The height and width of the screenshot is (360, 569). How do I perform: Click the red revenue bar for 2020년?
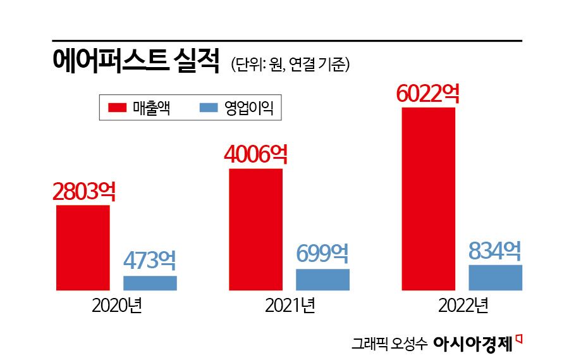click(83, 247)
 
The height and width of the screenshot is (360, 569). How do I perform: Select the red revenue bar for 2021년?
click(255, 229)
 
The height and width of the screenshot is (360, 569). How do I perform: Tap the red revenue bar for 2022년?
click(428, 199)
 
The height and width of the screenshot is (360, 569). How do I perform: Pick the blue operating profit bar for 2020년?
click(150, 283)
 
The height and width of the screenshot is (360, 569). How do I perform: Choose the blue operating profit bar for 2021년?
click(322, 280)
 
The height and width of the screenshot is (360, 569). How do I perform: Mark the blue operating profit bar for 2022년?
click(495, 277)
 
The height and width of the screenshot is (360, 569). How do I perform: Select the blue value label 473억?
click(149, 261)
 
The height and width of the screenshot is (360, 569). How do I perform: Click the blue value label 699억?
click(322, 254)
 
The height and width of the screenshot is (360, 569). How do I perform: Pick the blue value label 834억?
click(495, 251)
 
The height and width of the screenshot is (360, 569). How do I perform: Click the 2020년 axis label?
click(117, 307)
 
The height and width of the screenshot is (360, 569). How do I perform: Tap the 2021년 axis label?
click(290, 307)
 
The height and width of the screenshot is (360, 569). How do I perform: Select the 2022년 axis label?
click(462, 307)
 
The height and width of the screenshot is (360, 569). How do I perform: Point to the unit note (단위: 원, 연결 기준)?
click(290, 64)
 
